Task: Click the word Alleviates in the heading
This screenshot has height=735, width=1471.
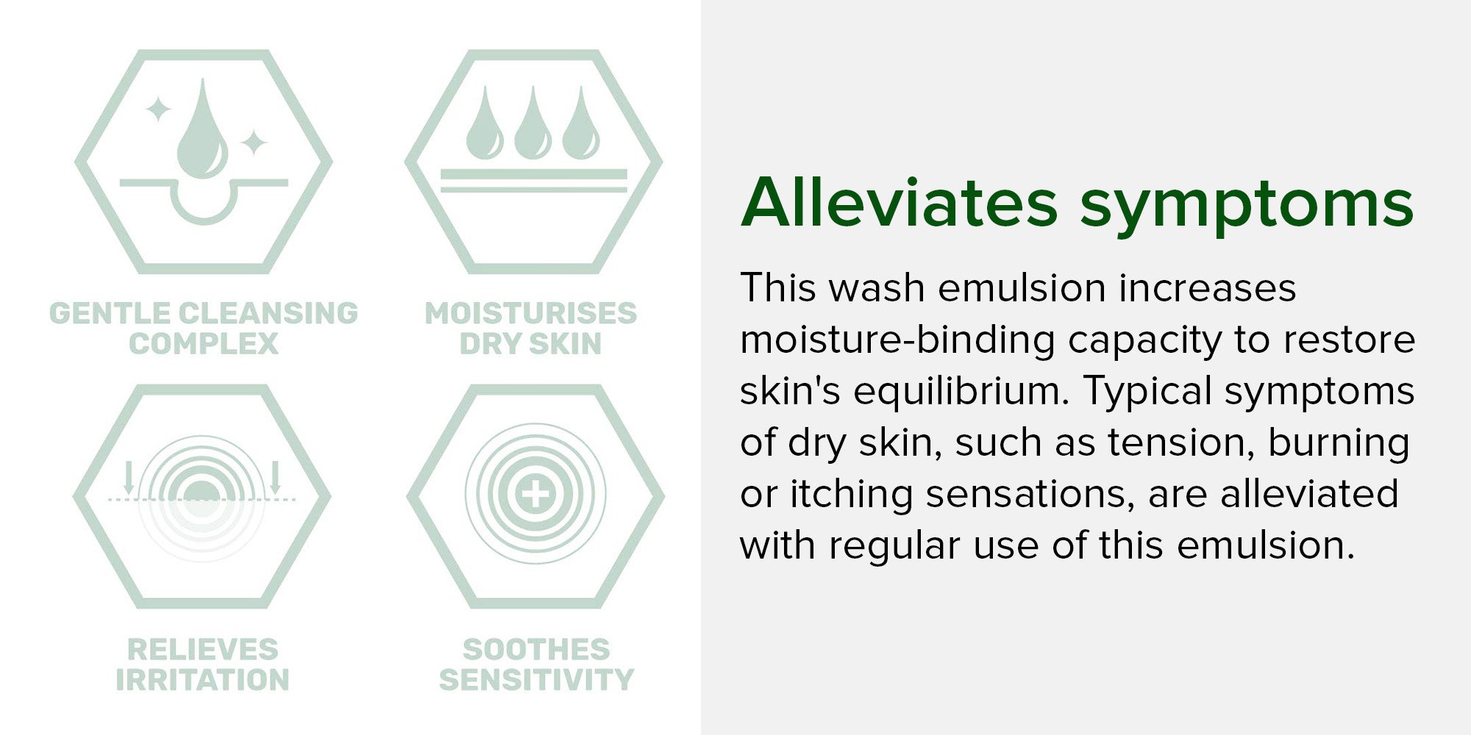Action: click(x=900, y=202)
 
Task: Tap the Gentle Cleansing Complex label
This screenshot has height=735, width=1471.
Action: click(x=204, y=329)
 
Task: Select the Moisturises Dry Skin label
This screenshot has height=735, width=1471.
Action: click(x=531, y=329)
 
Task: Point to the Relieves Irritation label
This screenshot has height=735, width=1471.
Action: click(x=203, y=664)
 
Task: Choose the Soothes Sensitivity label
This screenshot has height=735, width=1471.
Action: click(x=536, y=664)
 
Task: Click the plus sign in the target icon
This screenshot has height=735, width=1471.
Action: click(x=535, y=494)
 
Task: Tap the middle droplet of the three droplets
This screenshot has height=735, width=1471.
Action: click(x=533, y=125)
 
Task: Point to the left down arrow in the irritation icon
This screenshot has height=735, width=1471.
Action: click(x=129, y=478)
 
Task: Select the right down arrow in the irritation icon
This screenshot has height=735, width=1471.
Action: click(x=275, y=478)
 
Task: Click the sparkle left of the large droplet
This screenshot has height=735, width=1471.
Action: click(x=157, y=110)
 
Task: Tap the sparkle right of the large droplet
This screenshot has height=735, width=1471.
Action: click(x=254, y=143)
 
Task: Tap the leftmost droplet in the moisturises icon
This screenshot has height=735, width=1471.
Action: click(x=485, y=125)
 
